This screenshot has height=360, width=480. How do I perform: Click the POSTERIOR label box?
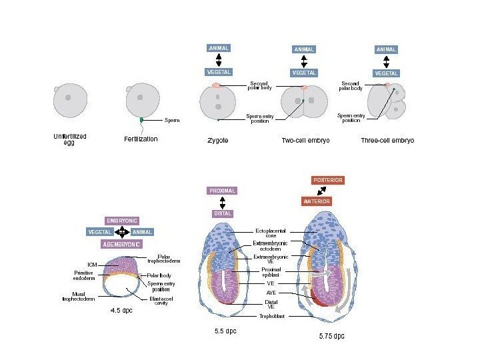[x=328, y=180]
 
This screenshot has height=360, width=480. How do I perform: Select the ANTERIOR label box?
[x=317, y=201]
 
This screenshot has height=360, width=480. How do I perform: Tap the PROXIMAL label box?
[x=223, y=191]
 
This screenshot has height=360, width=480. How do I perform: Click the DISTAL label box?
[x=223, y=213]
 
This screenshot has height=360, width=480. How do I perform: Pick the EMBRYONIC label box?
[x=122, y=220]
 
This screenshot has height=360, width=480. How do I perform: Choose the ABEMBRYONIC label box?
[x=121, y=244]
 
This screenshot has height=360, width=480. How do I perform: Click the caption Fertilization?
[x=141, y=139]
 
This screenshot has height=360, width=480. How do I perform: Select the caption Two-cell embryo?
[x=305, y=141]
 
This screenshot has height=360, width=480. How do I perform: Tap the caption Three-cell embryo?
[x=387, y=141]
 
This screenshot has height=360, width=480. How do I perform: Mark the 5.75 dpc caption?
[x=332, y=336]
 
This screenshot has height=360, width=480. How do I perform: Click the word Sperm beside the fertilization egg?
[x=172, y=121]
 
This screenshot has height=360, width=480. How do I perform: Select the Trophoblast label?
[x=272, y=316]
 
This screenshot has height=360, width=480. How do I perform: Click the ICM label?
[x=92, y=264]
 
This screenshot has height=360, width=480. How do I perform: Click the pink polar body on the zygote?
[x=217, y=86]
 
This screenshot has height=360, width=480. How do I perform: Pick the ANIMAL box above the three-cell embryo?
[x=386, y=49]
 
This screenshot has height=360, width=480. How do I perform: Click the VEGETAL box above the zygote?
[x=219, y=71]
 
